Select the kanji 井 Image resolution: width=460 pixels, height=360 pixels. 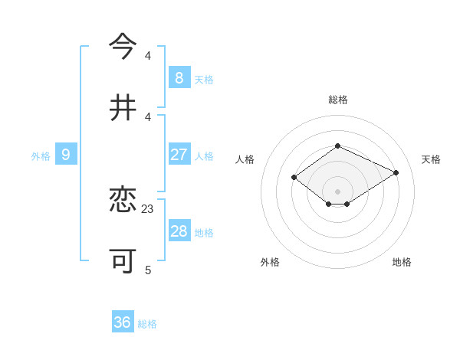[123, 107]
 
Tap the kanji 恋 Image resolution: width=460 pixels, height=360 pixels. [123, 201]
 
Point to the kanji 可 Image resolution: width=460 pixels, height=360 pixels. [123, 261]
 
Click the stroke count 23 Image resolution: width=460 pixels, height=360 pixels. [148, 208]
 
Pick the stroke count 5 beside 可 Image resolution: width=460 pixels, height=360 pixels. [148, 270]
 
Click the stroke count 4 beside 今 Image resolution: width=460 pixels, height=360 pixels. [148, 56]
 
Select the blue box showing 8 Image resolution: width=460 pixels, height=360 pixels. [179, 77]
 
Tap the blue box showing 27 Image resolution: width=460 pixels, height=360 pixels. [179, 155]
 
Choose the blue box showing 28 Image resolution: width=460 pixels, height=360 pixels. [179, 231]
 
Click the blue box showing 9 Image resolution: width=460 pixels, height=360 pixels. [66, 155]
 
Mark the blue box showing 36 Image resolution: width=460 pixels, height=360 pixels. [123, 322]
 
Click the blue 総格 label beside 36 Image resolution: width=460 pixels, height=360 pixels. [147, 324]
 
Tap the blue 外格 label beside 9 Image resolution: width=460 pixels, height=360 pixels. [41, 156]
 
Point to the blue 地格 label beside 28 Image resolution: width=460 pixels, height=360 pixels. [204, 233]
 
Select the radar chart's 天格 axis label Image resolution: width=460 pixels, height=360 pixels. [431, 159]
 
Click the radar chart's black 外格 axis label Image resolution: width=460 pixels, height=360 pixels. [270, 262]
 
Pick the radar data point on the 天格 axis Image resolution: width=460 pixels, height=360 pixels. [396, 172]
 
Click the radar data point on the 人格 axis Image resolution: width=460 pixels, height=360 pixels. [294, 178]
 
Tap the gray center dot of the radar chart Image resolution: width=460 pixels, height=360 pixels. [337, 191]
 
